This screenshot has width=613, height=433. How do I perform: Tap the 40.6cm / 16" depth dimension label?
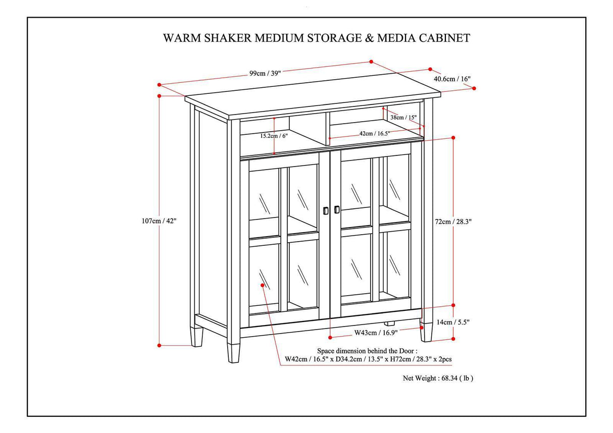click(452, 79)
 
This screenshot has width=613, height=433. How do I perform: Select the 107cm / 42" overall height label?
click(160, 221)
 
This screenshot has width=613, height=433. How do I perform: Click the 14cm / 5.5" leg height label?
click(453, 322)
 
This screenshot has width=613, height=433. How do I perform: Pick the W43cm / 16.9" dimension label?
click(376, 332)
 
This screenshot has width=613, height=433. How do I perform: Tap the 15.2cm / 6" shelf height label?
click(274, 136)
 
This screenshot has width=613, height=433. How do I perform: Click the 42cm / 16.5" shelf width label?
click(374, 133)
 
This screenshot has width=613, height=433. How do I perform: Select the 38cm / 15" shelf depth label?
click(403, 118)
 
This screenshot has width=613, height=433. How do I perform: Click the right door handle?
click(337, 209)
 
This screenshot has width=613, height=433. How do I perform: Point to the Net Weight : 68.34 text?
click(437, 377)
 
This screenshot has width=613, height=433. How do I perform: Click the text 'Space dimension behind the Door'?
click(367, 350)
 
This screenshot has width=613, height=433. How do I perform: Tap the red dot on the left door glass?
click(263, 285)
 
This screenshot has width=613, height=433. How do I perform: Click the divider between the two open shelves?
click(321, 128)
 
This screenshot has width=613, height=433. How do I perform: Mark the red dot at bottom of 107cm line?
click(160, 345)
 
